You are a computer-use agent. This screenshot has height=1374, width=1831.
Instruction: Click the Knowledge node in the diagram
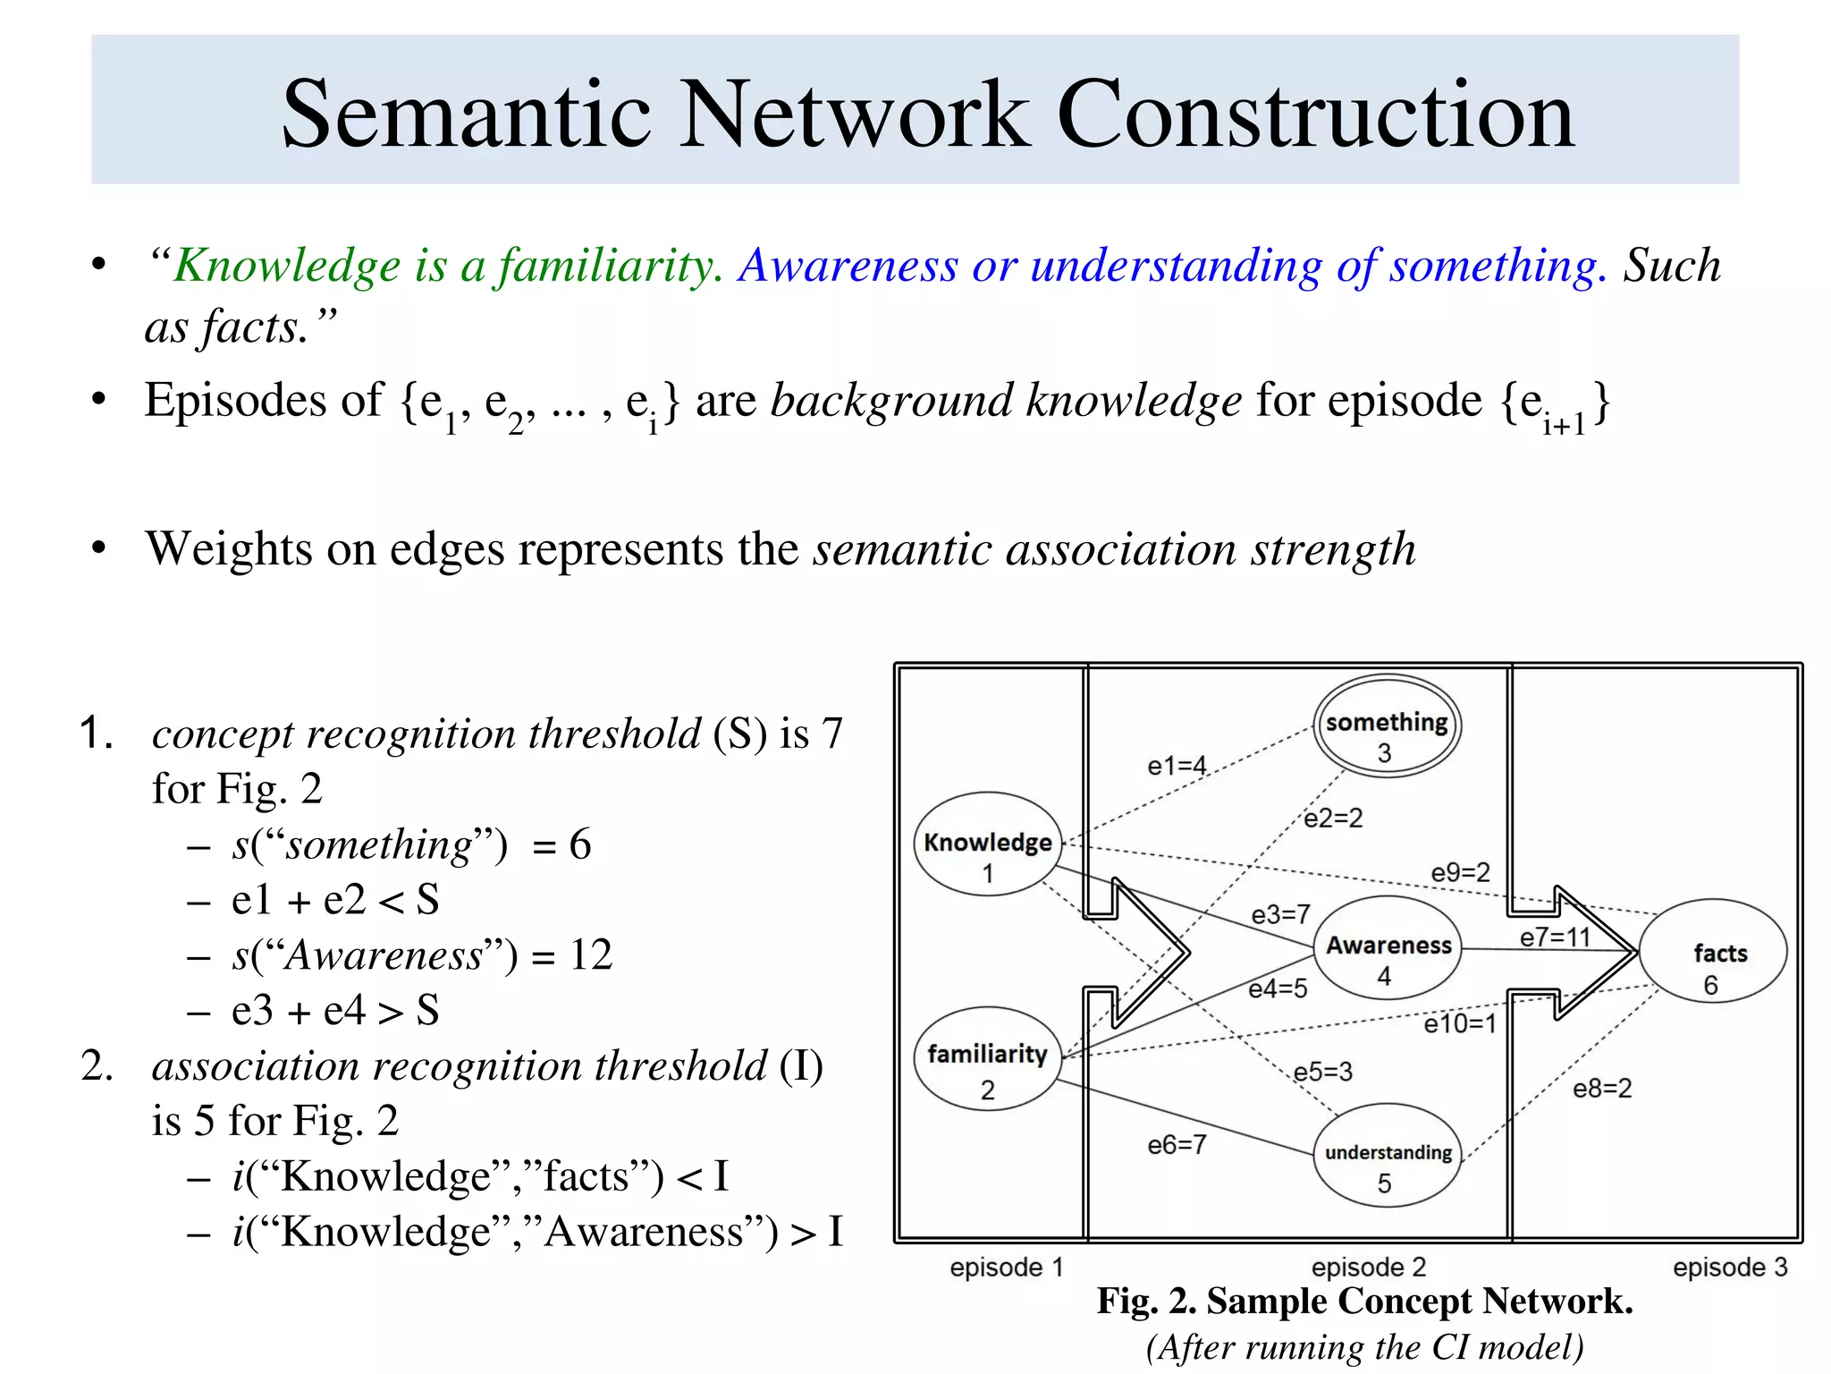point(988,844)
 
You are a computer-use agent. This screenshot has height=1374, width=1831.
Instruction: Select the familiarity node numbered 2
point(987,1059)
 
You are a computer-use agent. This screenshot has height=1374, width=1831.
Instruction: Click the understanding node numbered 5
point(1388,1156)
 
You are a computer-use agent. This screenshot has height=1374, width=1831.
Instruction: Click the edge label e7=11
point(1555,937)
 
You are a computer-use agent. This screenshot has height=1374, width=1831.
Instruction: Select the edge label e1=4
point(1177,766)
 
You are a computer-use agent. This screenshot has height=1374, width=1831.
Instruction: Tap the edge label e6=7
point(1177,1144)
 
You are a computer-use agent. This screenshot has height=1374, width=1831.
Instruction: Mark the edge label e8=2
point(1602,1088)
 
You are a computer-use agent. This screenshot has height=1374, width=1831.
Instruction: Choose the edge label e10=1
point(1459,1023)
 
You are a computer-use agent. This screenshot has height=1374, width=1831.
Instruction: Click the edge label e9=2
point(1460,872)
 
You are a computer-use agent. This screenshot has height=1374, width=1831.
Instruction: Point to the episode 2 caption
point(1368,1267)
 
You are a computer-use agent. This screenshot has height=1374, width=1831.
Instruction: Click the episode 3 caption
point(1729,1267)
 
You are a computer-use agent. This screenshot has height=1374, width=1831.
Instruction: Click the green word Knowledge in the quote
point(286,266)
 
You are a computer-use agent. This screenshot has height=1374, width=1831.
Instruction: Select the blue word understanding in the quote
point(1175,266)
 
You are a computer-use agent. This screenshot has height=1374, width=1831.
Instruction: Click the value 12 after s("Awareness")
point(591,955)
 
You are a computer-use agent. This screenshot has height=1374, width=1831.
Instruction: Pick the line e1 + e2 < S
point(335,900)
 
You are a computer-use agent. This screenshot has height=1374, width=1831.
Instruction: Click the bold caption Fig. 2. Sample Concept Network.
point(1364,1301)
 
